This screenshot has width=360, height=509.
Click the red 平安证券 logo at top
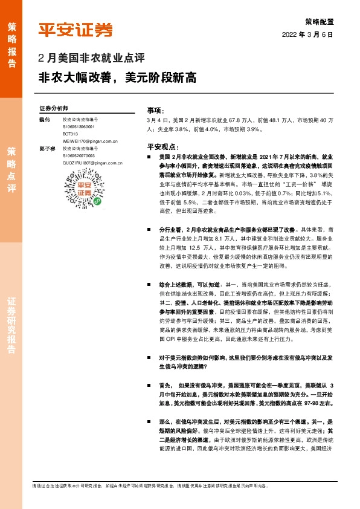coord(76,29)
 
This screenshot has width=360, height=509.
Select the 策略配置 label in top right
coord(320,21)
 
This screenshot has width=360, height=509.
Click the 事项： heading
coord(155,111)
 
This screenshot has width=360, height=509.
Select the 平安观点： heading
coord(162,147)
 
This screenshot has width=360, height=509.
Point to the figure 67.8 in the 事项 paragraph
coord(236,120)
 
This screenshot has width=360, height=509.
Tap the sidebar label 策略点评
coord(12,169)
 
